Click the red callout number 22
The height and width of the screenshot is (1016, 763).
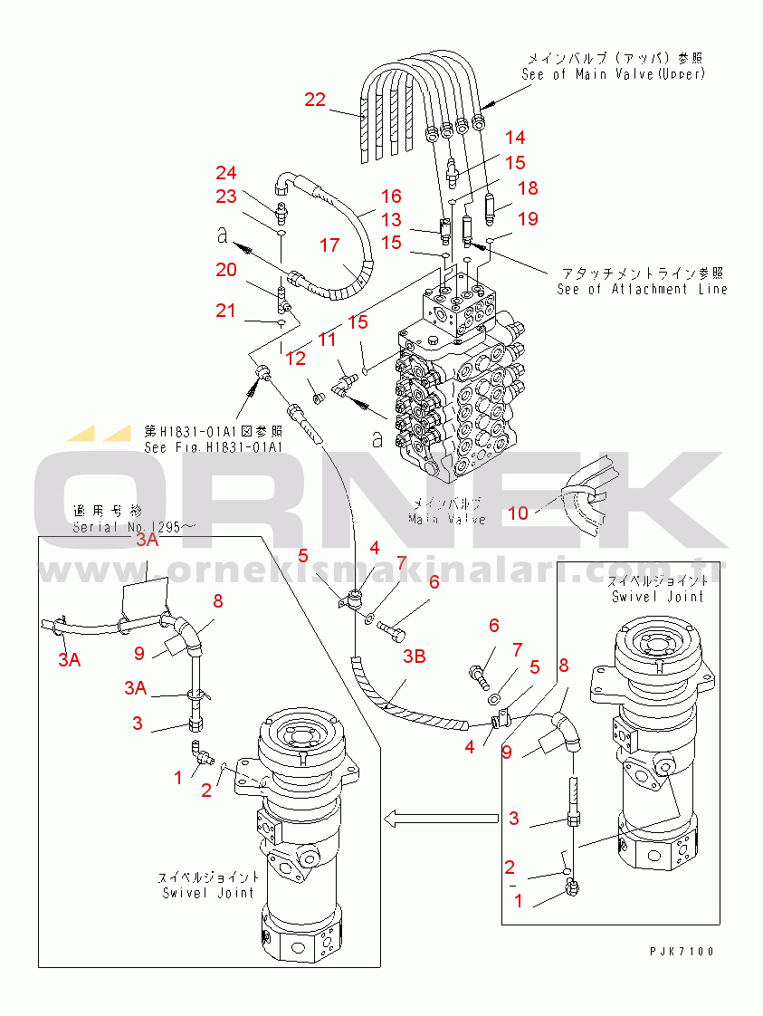click(x=314, y=101)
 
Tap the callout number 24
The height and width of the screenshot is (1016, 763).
click(x=225, y=172)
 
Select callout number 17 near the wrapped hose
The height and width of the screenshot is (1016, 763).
click(x=329, y=244)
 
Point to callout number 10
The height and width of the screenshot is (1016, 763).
click(x=518, y=513)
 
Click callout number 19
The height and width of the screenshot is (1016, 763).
click(x=528, y=218)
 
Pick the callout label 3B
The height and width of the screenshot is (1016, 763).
click(x=414, y=657)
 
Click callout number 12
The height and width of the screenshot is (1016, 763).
click(x=296, y=359)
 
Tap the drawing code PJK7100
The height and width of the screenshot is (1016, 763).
click(x=682, y=952)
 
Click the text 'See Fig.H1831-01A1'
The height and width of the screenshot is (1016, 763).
click(x=214, y=447)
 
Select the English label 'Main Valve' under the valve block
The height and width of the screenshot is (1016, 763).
click(x=447, y=519)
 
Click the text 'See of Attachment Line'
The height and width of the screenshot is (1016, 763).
click(x=642, y=289)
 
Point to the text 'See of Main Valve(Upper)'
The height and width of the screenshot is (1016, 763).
click(x=613, y=74)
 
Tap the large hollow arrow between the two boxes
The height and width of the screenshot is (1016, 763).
click(x=440, y=820)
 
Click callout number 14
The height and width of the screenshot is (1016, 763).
click(x=514, y=138)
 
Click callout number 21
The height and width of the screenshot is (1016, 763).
click(x=225, y=312)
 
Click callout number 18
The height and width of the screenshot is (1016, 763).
click(x=527, y=187)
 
